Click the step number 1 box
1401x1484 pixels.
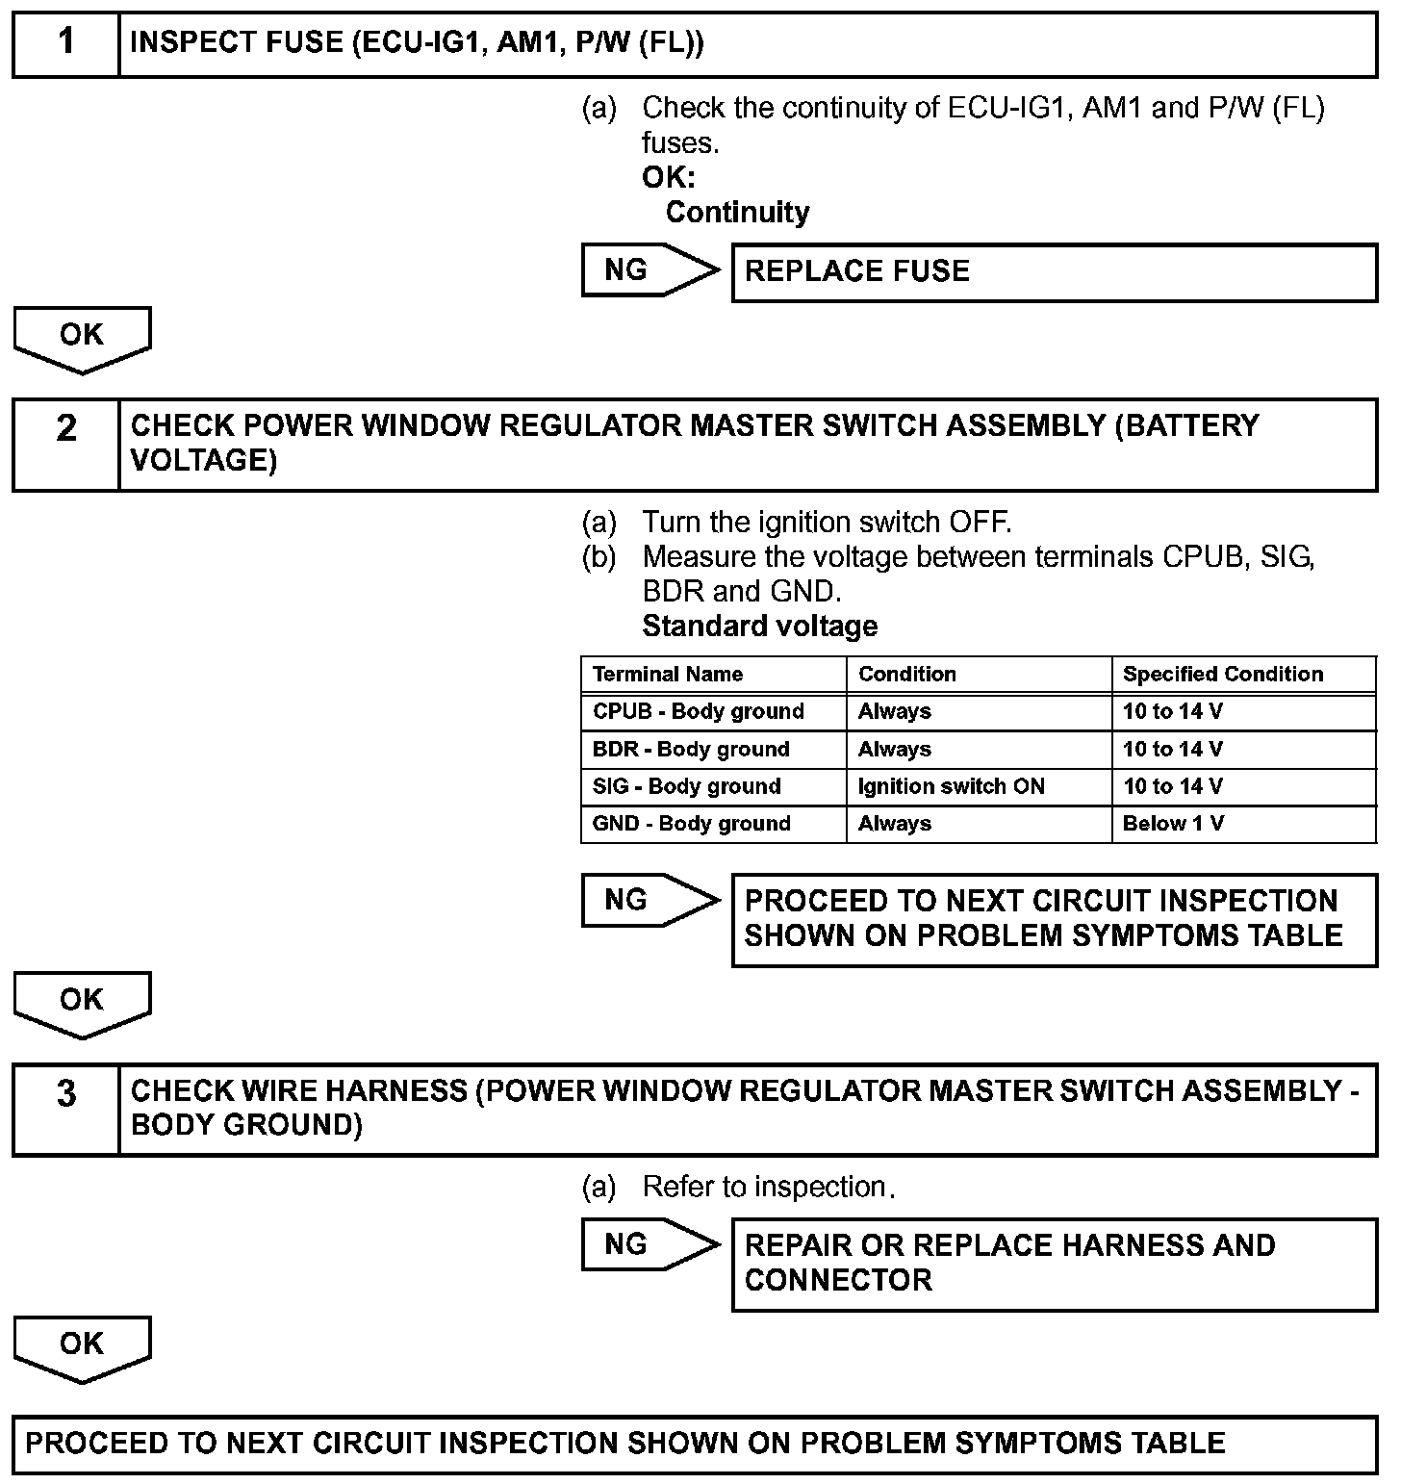[65, 44]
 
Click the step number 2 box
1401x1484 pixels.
[65, 445]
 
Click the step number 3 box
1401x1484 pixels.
[65, 1110]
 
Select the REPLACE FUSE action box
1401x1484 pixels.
[1054, 272]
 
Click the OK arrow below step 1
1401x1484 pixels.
[82, 338]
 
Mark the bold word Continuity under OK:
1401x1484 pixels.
[737, 213]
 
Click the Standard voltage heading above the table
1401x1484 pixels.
[759, 627]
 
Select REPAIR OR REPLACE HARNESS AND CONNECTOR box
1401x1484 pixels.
[1054, 1264]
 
